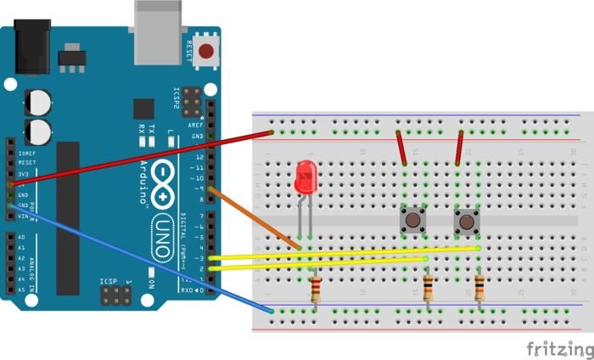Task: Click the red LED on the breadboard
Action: click(304, 180)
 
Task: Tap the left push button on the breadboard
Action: click(412, 222)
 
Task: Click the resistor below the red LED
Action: click(316, 290)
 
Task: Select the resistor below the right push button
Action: click(480, 290)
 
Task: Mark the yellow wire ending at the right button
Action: click(356, 253)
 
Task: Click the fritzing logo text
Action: click(556, 348)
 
